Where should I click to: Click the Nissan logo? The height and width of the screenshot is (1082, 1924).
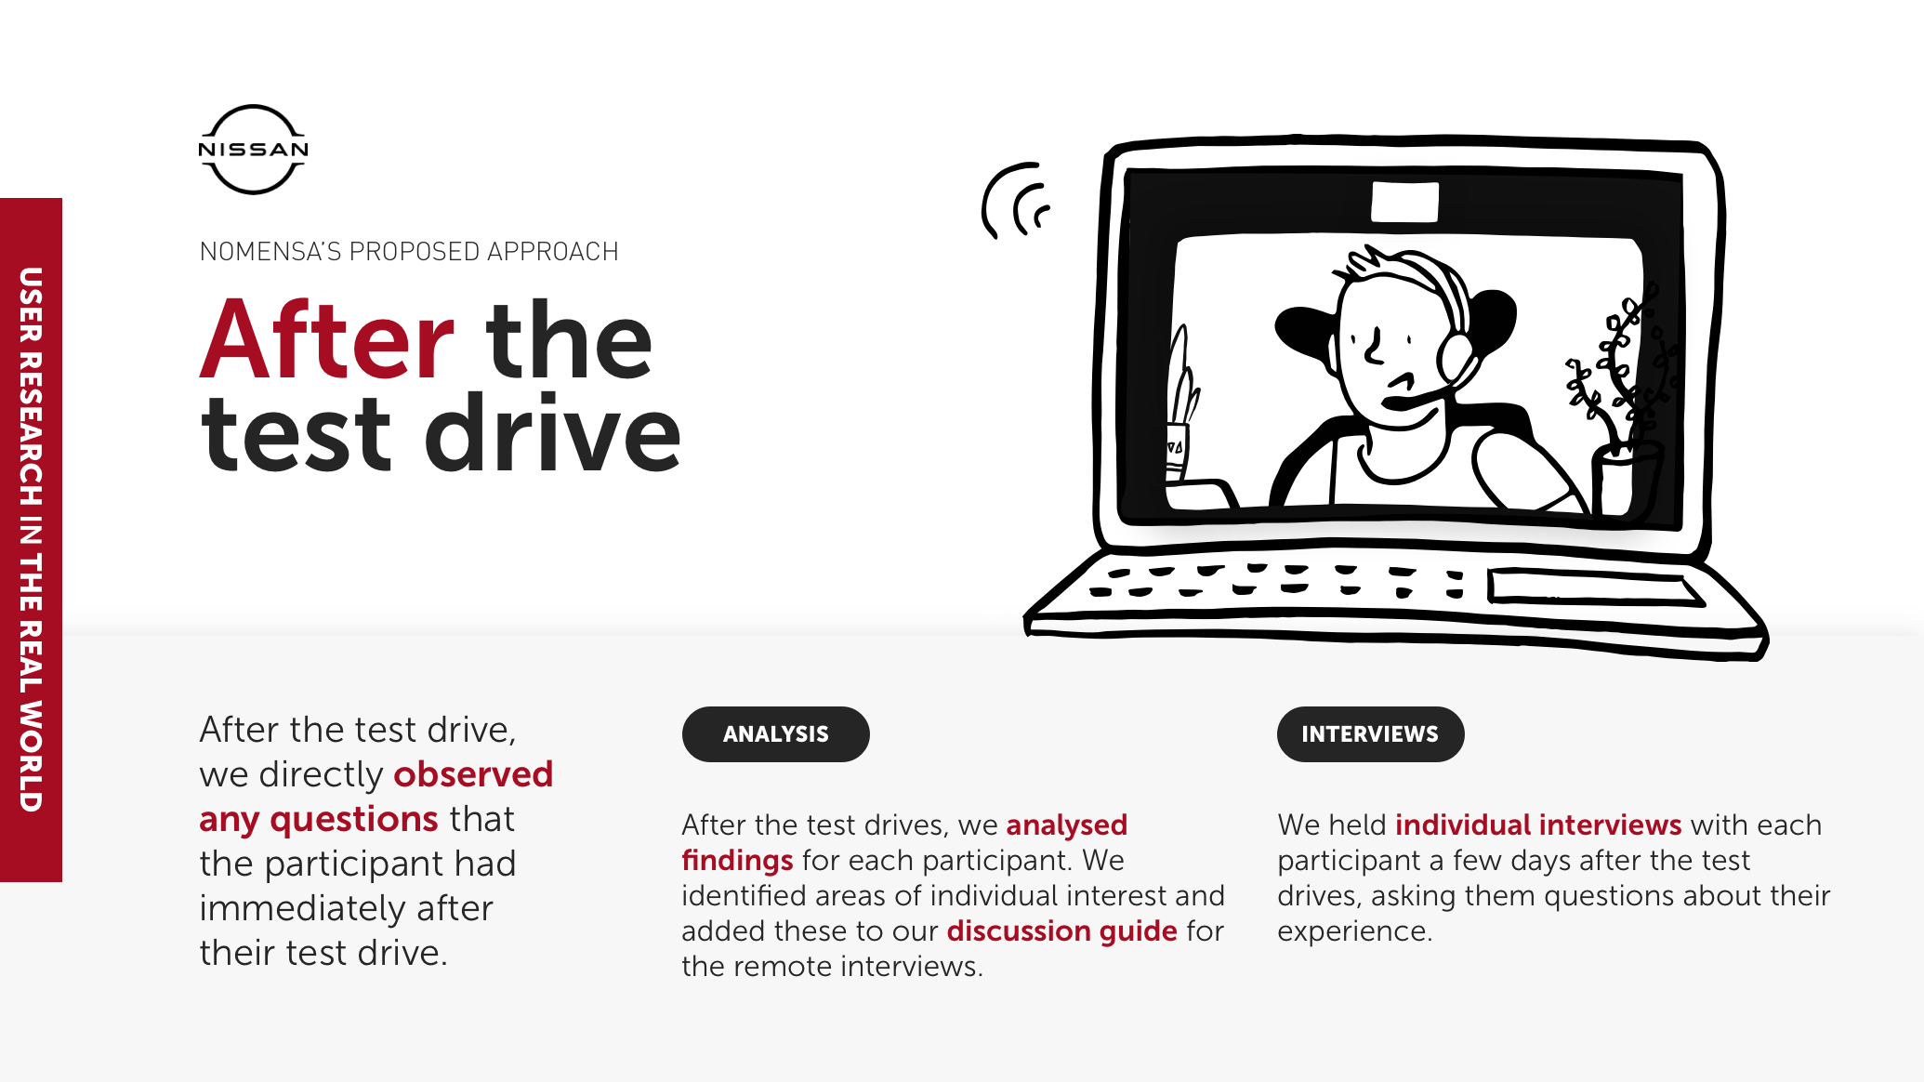[x=253, y=150]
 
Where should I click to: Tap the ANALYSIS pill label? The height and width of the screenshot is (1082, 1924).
[x=775, y=734]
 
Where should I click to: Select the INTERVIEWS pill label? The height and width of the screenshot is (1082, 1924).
[x=1369, y=734]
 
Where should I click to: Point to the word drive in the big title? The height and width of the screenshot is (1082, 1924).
[x=553, y=434]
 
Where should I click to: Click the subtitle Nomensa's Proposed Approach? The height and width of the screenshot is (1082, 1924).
[x=409, y=252]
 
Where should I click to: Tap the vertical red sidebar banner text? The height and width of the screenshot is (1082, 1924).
[x=31, y=539]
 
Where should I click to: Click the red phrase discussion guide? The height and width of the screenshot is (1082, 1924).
[x=1061, y=931]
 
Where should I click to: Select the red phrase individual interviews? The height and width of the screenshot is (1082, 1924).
[x=1538, y=825]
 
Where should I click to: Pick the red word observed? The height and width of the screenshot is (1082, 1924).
[x=473, y=774]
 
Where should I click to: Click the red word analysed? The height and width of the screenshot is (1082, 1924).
[x=1066, y=825]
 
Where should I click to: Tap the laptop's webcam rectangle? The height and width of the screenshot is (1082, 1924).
[x=1404, y=203]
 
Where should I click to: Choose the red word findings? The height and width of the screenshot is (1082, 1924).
[x=737, y=861]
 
